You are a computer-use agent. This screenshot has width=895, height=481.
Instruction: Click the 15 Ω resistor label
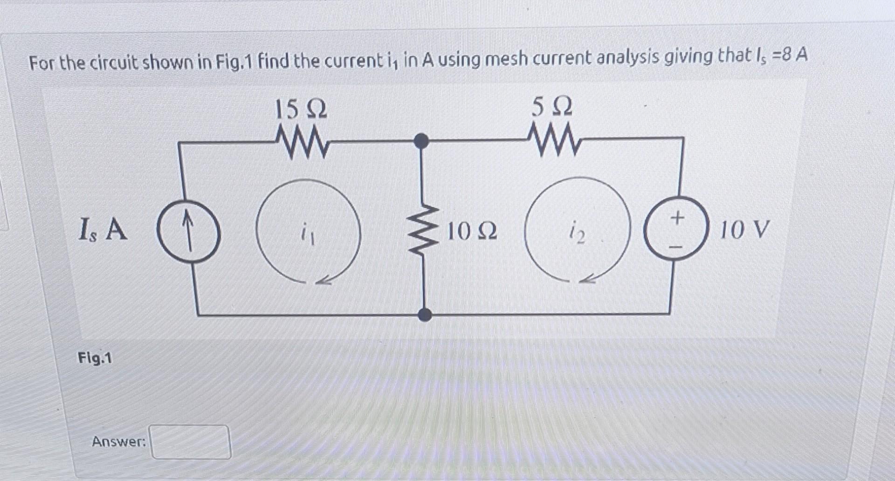[x=301, y=110]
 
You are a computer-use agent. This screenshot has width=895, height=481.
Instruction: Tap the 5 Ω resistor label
[x=552, y=108]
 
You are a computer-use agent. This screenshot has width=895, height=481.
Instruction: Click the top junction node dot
[x=421, y=140]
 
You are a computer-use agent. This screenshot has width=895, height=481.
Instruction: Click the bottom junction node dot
[x=424, y=315]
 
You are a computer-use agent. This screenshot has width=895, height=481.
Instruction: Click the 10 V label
[x=744, y=229]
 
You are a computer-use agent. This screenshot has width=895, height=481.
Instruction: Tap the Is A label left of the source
[x=103, y=230]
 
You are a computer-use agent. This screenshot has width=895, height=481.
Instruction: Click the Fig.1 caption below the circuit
[x=95, y=358]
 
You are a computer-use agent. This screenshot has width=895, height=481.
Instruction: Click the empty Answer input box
[x=190, y=442]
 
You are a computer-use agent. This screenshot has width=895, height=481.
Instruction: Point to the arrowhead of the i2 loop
[x=588, y=279]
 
